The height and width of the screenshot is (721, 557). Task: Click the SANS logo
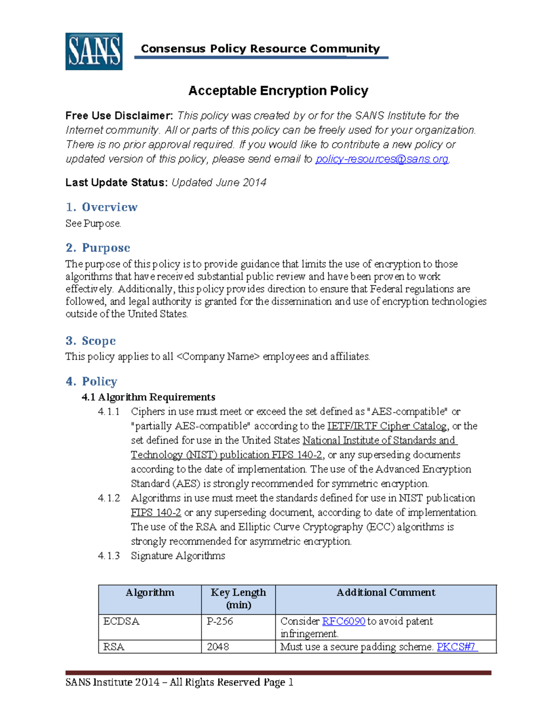[x=94, y=52]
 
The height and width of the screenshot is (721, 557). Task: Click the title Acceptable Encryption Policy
[x=278, y=91]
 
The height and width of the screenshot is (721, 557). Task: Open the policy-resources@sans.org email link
[x=382, y=159]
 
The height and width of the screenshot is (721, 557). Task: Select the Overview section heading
[x=102, y=207]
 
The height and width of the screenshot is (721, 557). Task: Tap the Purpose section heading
[x=98, y=248]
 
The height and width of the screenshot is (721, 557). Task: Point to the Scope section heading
[x=91, y=341]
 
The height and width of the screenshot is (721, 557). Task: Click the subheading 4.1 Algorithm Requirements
[x=149, y=397]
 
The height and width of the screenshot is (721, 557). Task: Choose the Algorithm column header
[x=150, y=592]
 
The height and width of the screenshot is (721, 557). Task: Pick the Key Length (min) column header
[x=238, y=598]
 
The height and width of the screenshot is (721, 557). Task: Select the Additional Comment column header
[x=386, y=592]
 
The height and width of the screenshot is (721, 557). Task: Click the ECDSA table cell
[x=121, y=621]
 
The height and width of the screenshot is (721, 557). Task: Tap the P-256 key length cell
[x=220, y=621]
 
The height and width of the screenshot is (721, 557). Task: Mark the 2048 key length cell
[x=218, y=647]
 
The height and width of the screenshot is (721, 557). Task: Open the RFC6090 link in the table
[x=343, y=621]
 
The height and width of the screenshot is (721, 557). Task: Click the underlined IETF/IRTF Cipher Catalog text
[x=387, y=426]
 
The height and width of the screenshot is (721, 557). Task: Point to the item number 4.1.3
[x=109, y=556]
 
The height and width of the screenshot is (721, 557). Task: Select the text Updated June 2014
[x=219, y=182]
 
